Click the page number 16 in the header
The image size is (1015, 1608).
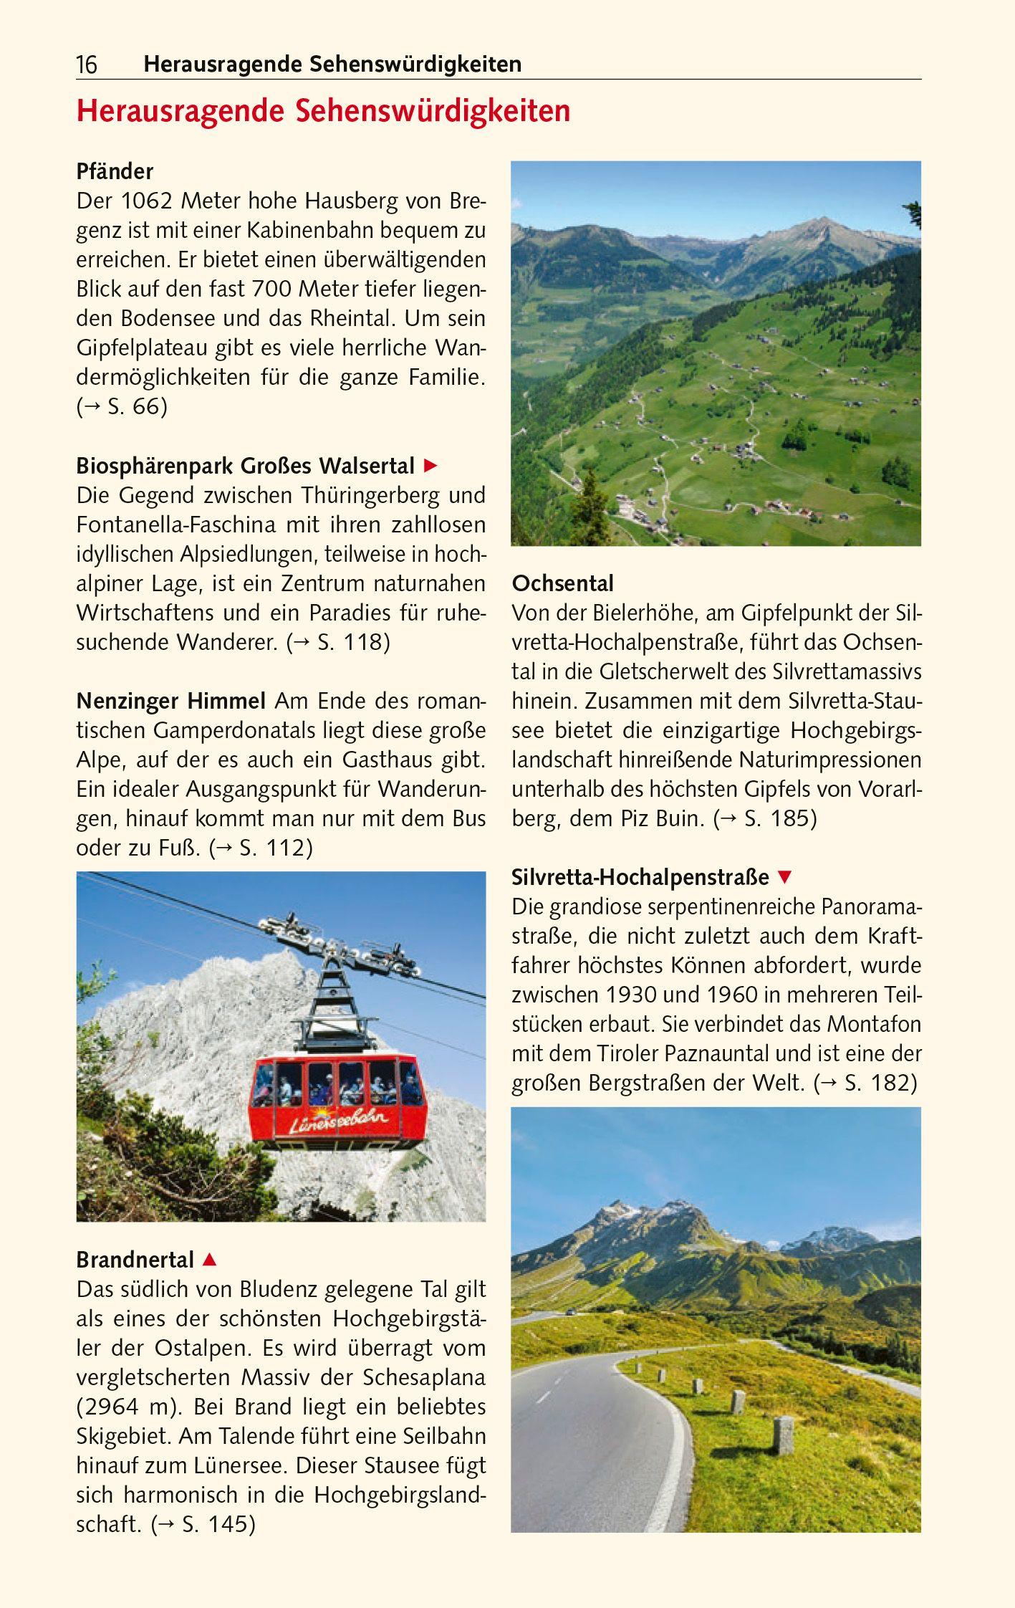click(87, 65)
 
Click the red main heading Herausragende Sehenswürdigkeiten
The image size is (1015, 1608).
click(323, 112)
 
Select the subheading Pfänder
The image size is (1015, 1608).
click(115, 172)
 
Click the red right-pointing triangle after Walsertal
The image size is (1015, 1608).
click(430, 466)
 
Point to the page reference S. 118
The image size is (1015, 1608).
click(351, 642)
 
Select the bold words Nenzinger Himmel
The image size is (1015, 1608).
click(171, 700)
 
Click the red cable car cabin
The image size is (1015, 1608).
click(338, 1100)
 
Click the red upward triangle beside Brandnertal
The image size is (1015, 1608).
click(209, 1259)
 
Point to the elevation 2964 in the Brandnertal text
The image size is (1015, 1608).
click(112, 1407)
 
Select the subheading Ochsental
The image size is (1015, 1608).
click(562, 583)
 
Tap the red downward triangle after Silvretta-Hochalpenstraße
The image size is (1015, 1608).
click(785, 877)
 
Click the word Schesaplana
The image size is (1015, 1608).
click(424, 1377)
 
